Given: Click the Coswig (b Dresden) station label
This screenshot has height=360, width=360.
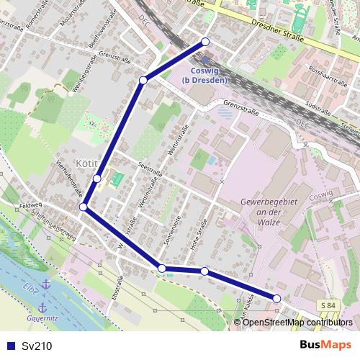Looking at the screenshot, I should (x=209, y=75).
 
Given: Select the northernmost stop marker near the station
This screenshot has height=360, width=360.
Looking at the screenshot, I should (x=206, y=41).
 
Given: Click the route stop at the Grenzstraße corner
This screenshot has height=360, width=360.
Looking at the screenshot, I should (x=143, y=80).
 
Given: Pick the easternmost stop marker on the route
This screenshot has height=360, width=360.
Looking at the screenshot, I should (x=276, y=298).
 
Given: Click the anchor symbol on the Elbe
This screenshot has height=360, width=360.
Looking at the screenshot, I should (x=45, y=286).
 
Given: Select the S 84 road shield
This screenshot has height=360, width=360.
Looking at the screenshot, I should (x=328, y=306).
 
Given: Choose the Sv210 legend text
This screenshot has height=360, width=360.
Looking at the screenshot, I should (x=36, y=346).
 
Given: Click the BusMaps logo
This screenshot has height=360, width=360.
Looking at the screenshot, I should (x=325, y=345).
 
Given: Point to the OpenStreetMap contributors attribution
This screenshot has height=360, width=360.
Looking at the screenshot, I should (x=297, y=323).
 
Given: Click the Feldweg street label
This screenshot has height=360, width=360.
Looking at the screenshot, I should (x=32, y=204).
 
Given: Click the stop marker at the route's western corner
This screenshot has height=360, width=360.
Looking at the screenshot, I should (x=84, y=207).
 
